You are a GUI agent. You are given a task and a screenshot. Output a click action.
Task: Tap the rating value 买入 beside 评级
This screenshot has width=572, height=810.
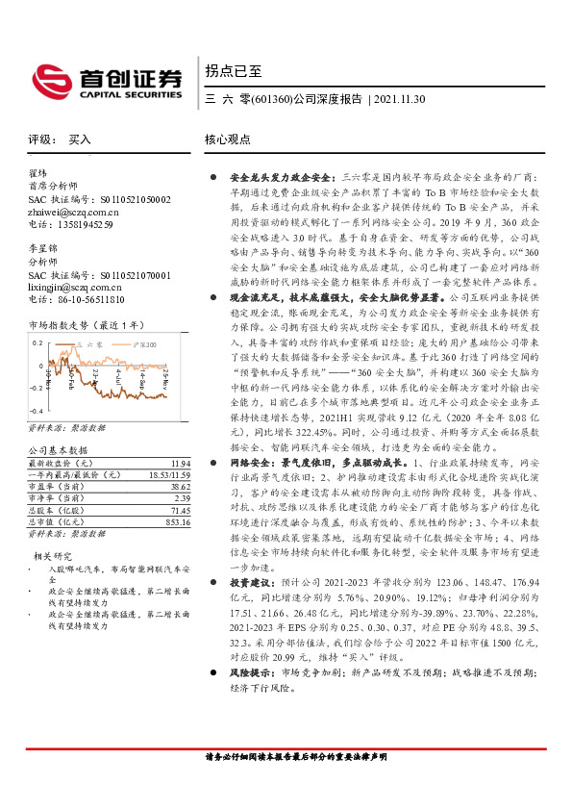[x=80, y=139]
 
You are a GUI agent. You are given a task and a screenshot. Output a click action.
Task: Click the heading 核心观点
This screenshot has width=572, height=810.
[x=228, y=139]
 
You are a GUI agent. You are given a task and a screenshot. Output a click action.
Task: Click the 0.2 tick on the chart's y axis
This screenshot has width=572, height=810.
[x=37, y=342]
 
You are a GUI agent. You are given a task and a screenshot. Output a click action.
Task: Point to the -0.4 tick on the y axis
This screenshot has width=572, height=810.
[x=36, y=410]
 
